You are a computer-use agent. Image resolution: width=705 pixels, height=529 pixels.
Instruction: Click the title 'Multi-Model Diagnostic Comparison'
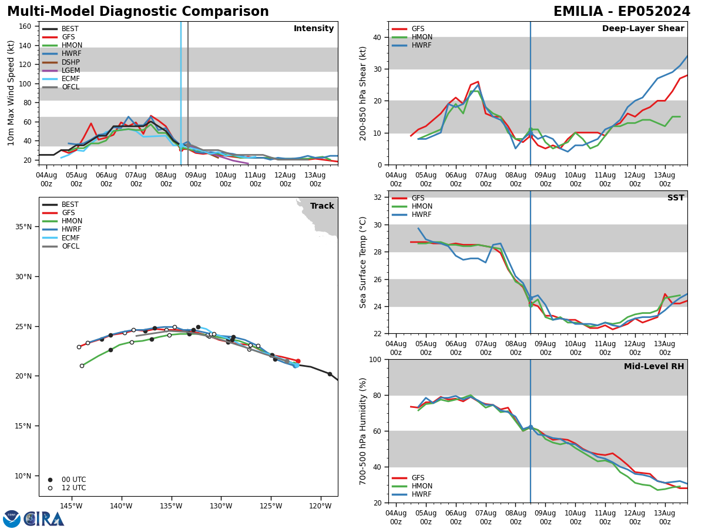point(138,12)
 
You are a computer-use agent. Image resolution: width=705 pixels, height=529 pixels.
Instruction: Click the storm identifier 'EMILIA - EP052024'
point(622,12)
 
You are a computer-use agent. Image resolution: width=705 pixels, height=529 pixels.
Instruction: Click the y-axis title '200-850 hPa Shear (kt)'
point(363,93)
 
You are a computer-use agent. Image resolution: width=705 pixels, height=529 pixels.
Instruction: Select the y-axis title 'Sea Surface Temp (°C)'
point(363,262)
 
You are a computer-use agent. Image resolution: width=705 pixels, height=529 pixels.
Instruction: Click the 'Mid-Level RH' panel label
point(654,367)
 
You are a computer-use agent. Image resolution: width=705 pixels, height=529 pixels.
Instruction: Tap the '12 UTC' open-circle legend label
point(73,488)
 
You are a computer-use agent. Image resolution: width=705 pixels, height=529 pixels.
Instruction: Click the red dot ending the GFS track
point(298,361)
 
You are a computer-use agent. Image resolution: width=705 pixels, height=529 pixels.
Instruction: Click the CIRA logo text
point(44,518)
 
